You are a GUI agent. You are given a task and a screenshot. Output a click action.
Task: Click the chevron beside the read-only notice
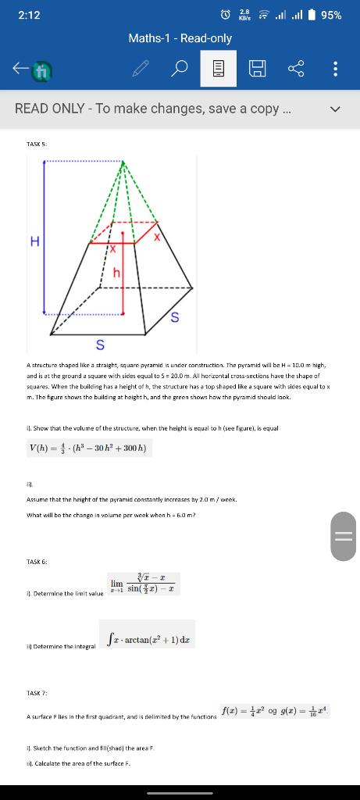336,109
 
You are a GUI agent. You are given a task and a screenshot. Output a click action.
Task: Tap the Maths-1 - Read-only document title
180,37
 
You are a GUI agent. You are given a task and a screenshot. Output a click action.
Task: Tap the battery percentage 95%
331,15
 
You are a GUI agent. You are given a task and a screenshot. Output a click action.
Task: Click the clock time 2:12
28,15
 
